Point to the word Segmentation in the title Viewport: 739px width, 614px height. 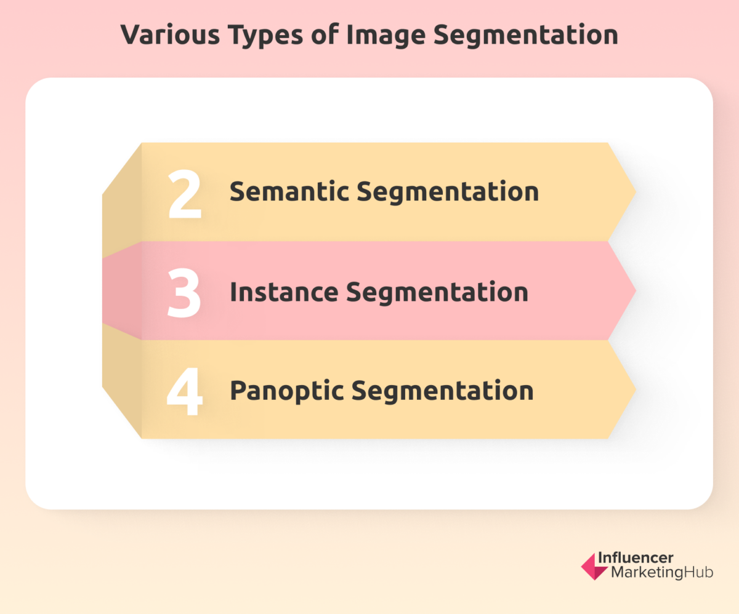(x=526, y=36)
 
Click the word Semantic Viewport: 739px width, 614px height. (x=288, y=192)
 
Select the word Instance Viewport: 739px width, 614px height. (x=283, y=292)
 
